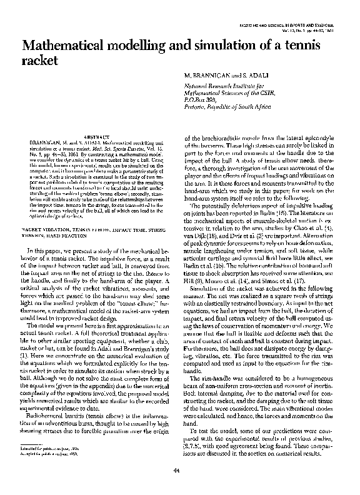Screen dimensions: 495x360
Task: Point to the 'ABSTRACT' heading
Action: click(97, 136)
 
